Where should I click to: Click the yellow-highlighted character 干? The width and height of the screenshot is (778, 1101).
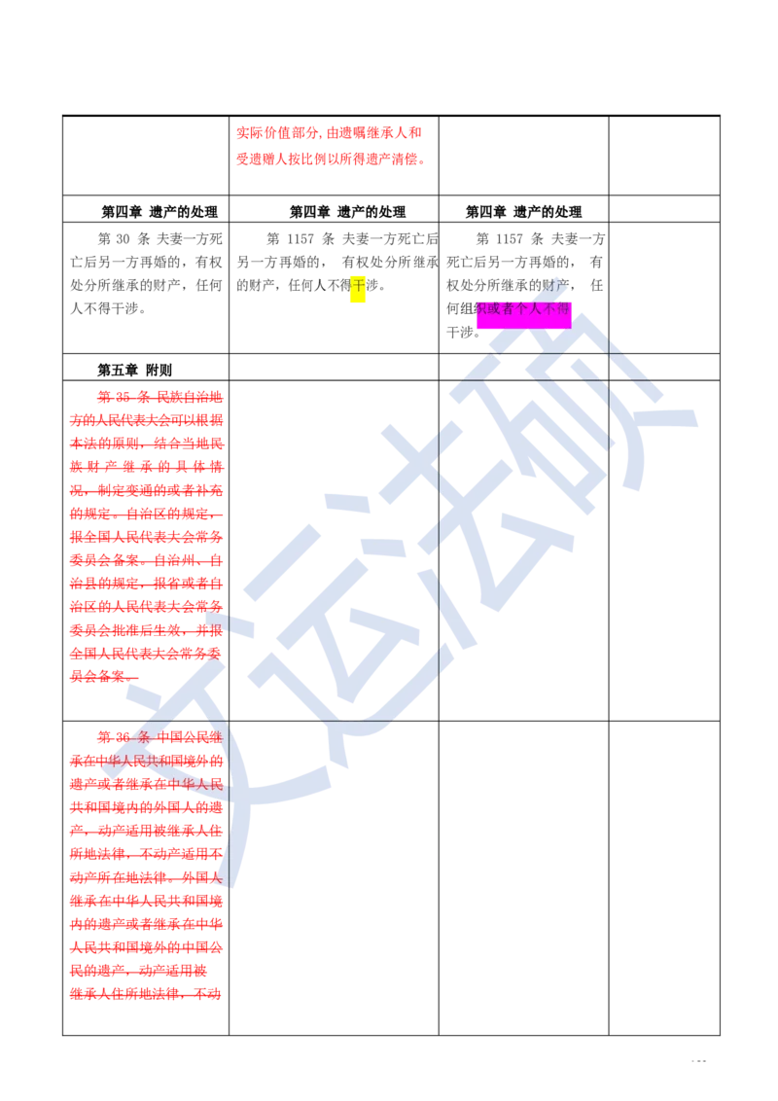point(358,287)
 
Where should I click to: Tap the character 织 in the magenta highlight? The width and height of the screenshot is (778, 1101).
point(482,308)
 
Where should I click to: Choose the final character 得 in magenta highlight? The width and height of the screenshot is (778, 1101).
point(564,308)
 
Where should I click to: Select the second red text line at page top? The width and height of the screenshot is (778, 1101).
point(330,159)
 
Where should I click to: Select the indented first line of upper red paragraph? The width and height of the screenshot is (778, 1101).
point(159,397)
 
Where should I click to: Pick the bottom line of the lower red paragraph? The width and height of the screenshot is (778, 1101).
point(146,995)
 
